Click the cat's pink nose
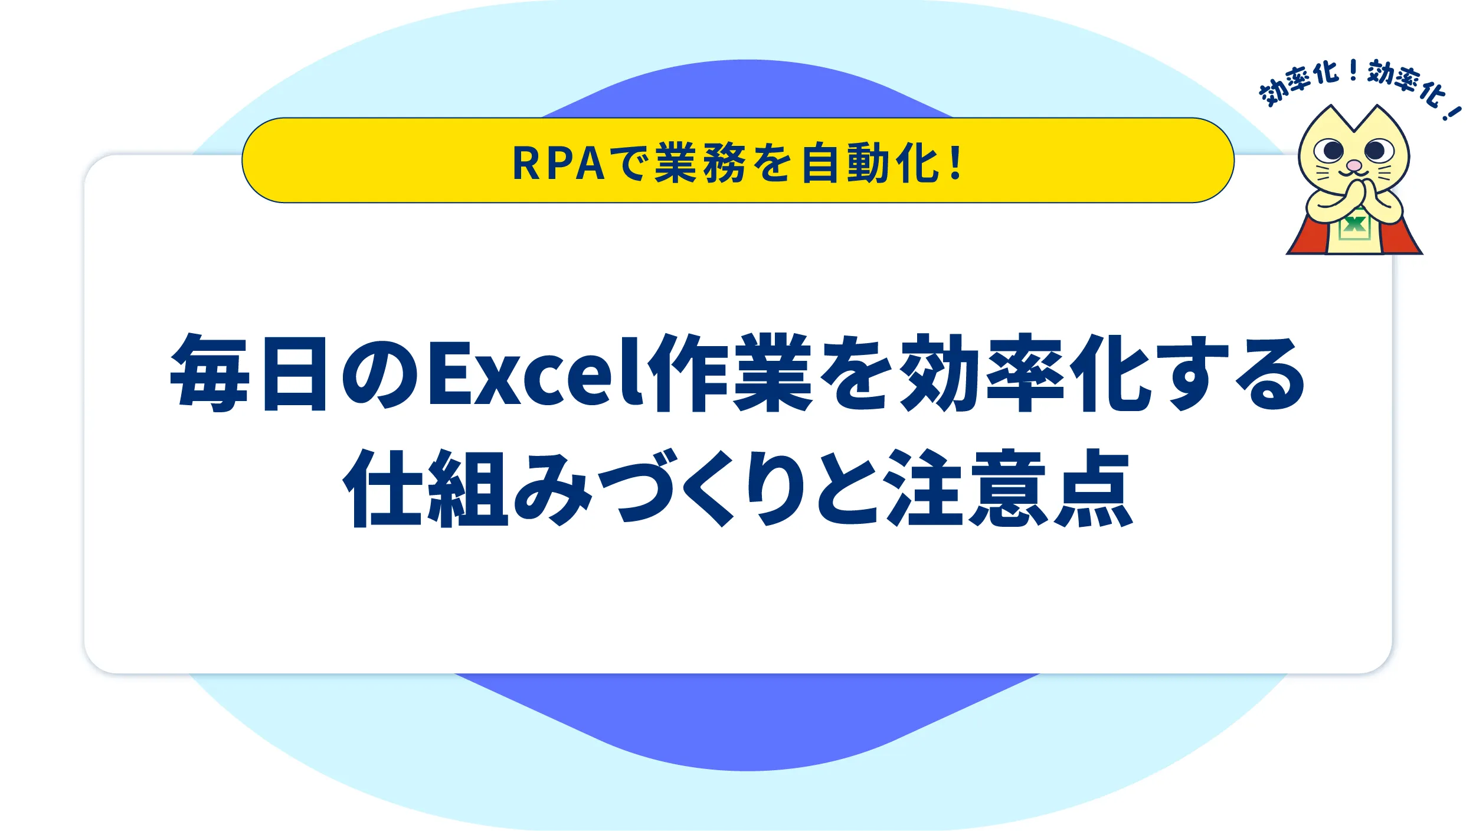coord(1354,165)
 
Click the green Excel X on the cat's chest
coord(1354,224)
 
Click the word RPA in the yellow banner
coord(558,164)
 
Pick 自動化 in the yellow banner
coord(869,163)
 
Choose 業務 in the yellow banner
coord(700,163)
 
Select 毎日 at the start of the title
coord(248,373)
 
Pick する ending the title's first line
coord(1236,373)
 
